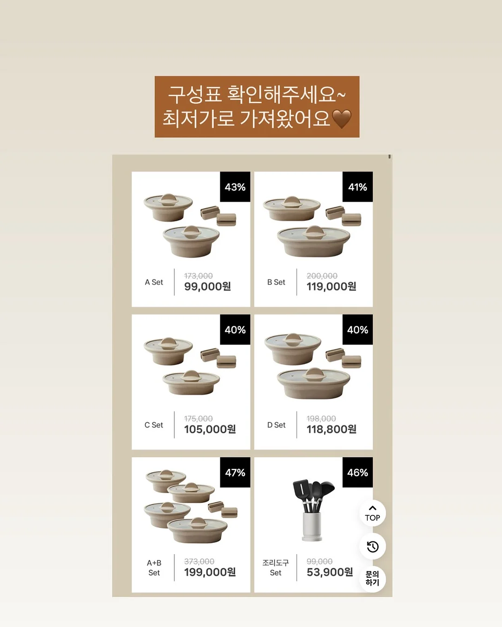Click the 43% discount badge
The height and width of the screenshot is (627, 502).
(x=235, y=187)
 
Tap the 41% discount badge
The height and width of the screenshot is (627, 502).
(x=357, y=187)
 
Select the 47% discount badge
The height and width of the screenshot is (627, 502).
(x=235, y=472)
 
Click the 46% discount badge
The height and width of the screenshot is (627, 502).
(x=357, y=472)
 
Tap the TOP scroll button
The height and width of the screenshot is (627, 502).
(x=372, y=513)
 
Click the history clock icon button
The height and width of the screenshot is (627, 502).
(x=372, y=546)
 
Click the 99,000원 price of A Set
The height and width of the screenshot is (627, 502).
(x=207, y=286)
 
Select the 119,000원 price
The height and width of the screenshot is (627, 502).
(x=331, y=286)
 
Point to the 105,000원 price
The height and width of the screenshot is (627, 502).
(x=210, y=429)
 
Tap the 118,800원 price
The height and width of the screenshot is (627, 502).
(x=331, y=429)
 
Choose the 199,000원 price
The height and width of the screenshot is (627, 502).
(x=210, y=572)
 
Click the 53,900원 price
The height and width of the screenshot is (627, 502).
(x=330, y=572)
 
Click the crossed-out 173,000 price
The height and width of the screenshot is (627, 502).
(x=198, y=276)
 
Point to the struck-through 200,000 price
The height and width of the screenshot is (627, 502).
(x=322, y=276)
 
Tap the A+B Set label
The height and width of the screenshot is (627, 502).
(x=154, y=568)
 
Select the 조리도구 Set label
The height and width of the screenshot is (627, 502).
(x=276, y=568)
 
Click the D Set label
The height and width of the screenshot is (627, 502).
(x=276, y=425)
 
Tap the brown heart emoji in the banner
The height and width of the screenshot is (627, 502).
(x=342, y=119)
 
